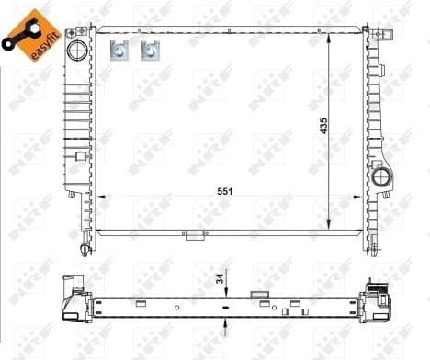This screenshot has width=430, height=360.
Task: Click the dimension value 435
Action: click(322, 126)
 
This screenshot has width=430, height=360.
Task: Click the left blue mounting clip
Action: click(118, 52)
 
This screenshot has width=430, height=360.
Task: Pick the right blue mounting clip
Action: click(148, 52)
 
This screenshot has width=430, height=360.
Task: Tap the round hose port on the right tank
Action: click(379, 175)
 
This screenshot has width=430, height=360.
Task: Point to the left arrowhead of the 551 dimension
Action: click(101, 196)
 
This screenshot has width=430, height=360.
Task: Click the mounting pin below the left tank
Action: click(85, 248)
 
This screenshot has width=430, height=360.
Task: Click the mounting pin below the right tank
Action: click(372, 246)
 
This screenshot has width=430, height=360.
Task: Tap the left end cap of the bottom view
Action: click(72, 298)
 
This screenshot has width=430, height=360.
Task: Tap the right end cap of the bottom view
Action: click(379, 295)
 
